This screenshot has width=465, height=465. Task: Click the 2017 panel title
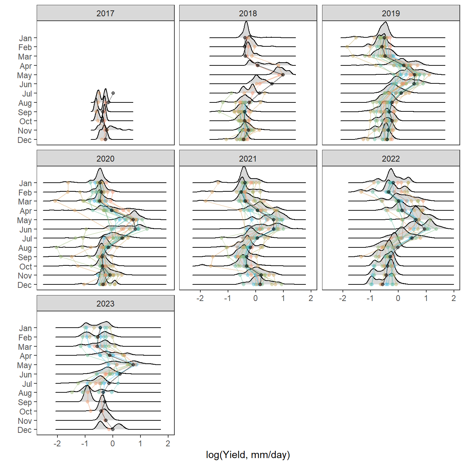point(105,13)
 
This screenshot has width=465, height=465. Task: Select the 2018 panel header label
point(248,13)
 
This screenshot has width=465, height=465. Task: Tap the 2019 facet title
point(391,13)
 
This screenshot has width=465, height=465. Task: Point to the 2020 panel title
point(105,159)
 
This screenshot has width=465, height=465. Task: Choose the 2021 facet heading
point(248,159)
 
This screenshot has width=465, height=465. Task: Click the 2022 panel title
point(391,159)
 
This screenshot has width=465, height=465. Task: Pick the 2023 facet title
point(105,304)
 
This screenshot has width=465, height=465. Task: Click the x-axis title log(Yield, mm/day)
point(248,455)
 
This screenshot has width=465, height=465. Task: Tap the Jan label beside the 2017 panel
point(25,38)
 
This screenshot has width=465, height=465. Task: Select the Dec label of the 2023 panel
point(25,430)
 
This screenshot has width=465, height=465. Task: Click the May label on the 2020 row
point(25,220)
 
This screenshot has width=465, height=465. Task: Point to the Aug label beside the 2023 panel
point(25,393)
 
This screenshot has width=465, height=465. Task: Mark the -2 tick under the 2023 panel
point(57,443)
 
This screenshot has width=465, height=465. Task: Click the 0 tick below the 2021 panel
point(256,298)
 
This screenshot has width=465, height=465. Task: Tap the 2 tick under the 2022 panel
point(454,298)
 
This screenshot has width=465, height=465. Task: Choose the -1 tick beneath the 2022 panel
point(370,298)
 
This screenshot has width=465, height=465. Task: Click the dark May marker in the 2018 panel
point(283,74)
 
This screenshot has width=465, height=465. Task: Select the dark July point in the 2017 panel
point(113,93)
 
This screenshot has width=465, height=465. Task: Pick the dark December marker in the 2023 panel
point(112,429)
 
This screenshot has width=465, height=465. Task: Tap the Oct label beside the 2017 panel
point(26,121)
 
